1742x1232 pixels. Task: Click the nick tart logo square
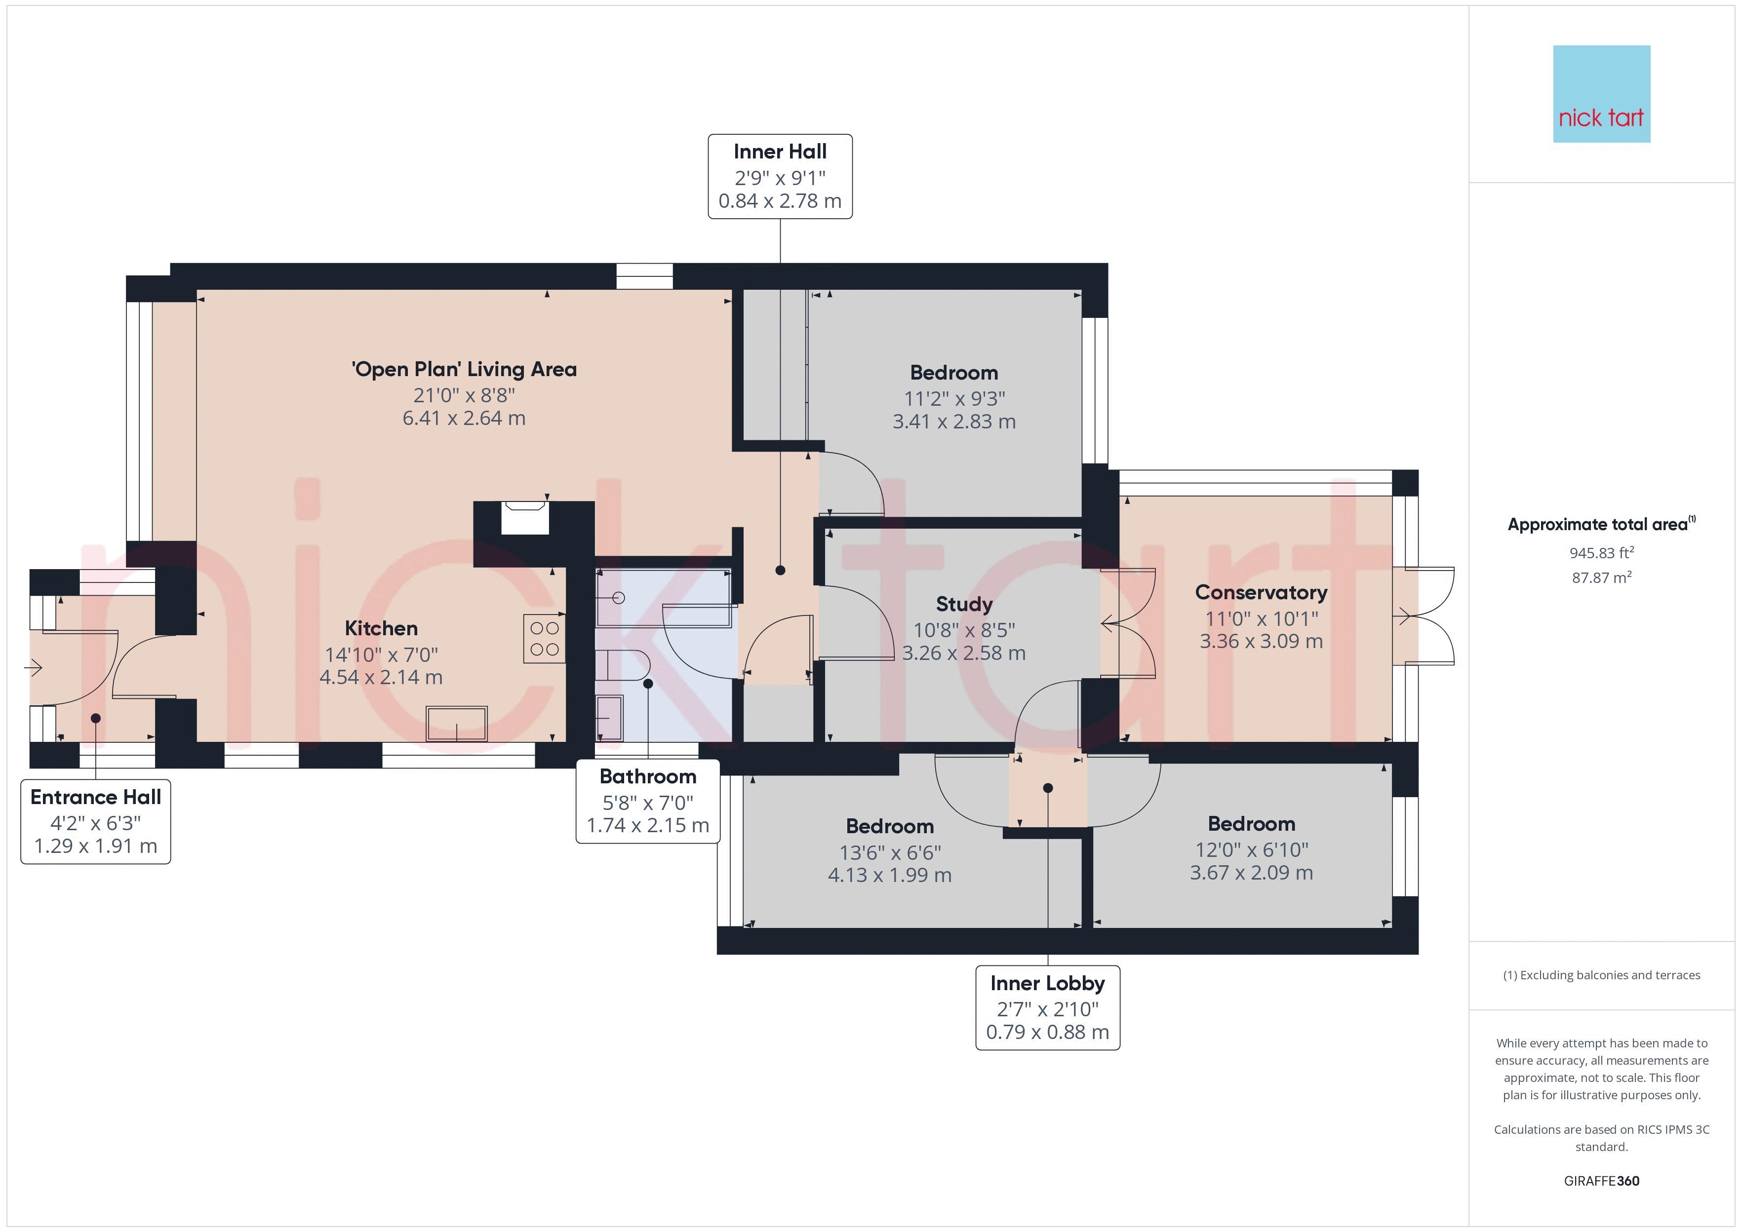[1602, 94]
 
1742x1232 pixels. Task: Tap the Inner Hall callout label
[780, 177]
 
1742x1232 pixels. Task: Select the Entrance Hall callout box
[96, 822]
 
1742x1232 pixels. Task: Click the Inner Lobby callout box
[1048, 1007]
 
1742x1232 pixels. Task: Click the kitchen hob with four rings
[544, 638]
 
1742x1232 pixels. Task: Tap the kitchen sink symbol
[457, 723]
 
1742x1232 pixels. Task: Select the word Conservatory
[1261, 592]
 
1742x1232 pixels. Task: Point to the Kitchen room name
[381, 628]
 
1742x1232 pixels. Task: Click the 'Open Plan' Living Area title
[464, 369]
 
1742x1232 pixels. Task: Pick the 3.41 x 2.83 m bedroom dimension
[953, 422]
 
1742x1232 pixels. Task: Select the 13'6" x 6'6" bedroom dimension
[890, 853]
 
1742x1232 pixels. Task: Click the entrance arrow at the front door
[34, 668]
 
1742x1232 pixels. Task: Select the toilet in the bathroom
[622, 664]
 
